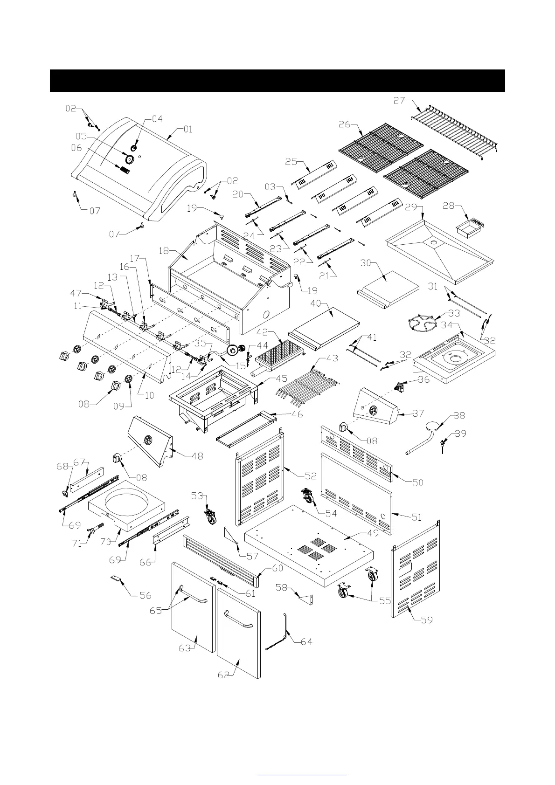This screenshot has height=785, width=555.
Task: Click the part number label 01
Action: pyautogui.click(x=187, y=130)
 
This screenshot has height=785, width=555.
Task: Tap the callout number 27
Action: pyautogui.click(x=399, y=100)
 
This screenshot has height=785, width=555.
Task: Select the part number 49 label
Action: pyautogui.click(x=373, y=533)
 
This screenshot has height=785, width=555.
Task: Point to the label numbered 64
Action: pyautogui.click(x=306, y=642)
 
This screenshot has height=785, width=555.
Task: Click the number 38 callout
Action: pyautogui.click(x=459, y=415)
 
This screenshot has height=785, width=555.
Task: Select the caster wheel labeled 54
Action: pyautogui.click(x=308, y=496)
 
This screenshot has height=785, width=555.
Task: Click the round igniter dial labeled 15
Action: pyautogui.click(x=232, y=350)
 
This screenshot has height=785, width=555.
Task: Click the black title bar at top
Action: pyautogui.click(x=277, y=81)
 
